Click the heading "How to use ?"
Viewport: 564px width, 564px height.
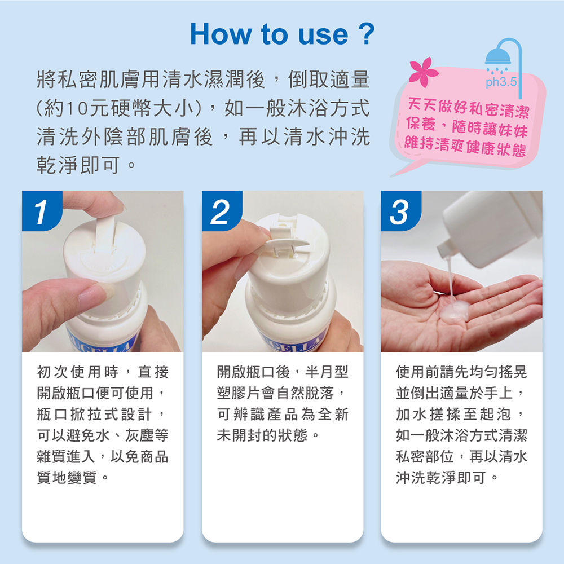click(282, 34)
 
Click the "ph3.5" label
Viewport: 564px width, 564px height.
click(501, 82)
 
